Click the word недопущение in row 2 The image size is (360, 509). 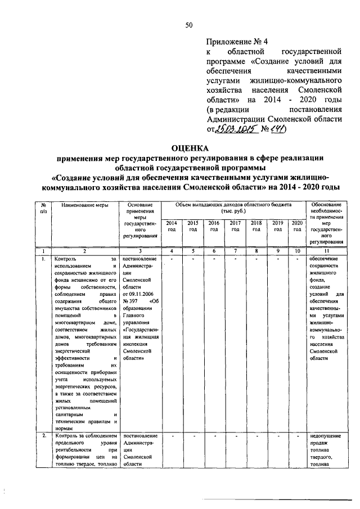(326, 436)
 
